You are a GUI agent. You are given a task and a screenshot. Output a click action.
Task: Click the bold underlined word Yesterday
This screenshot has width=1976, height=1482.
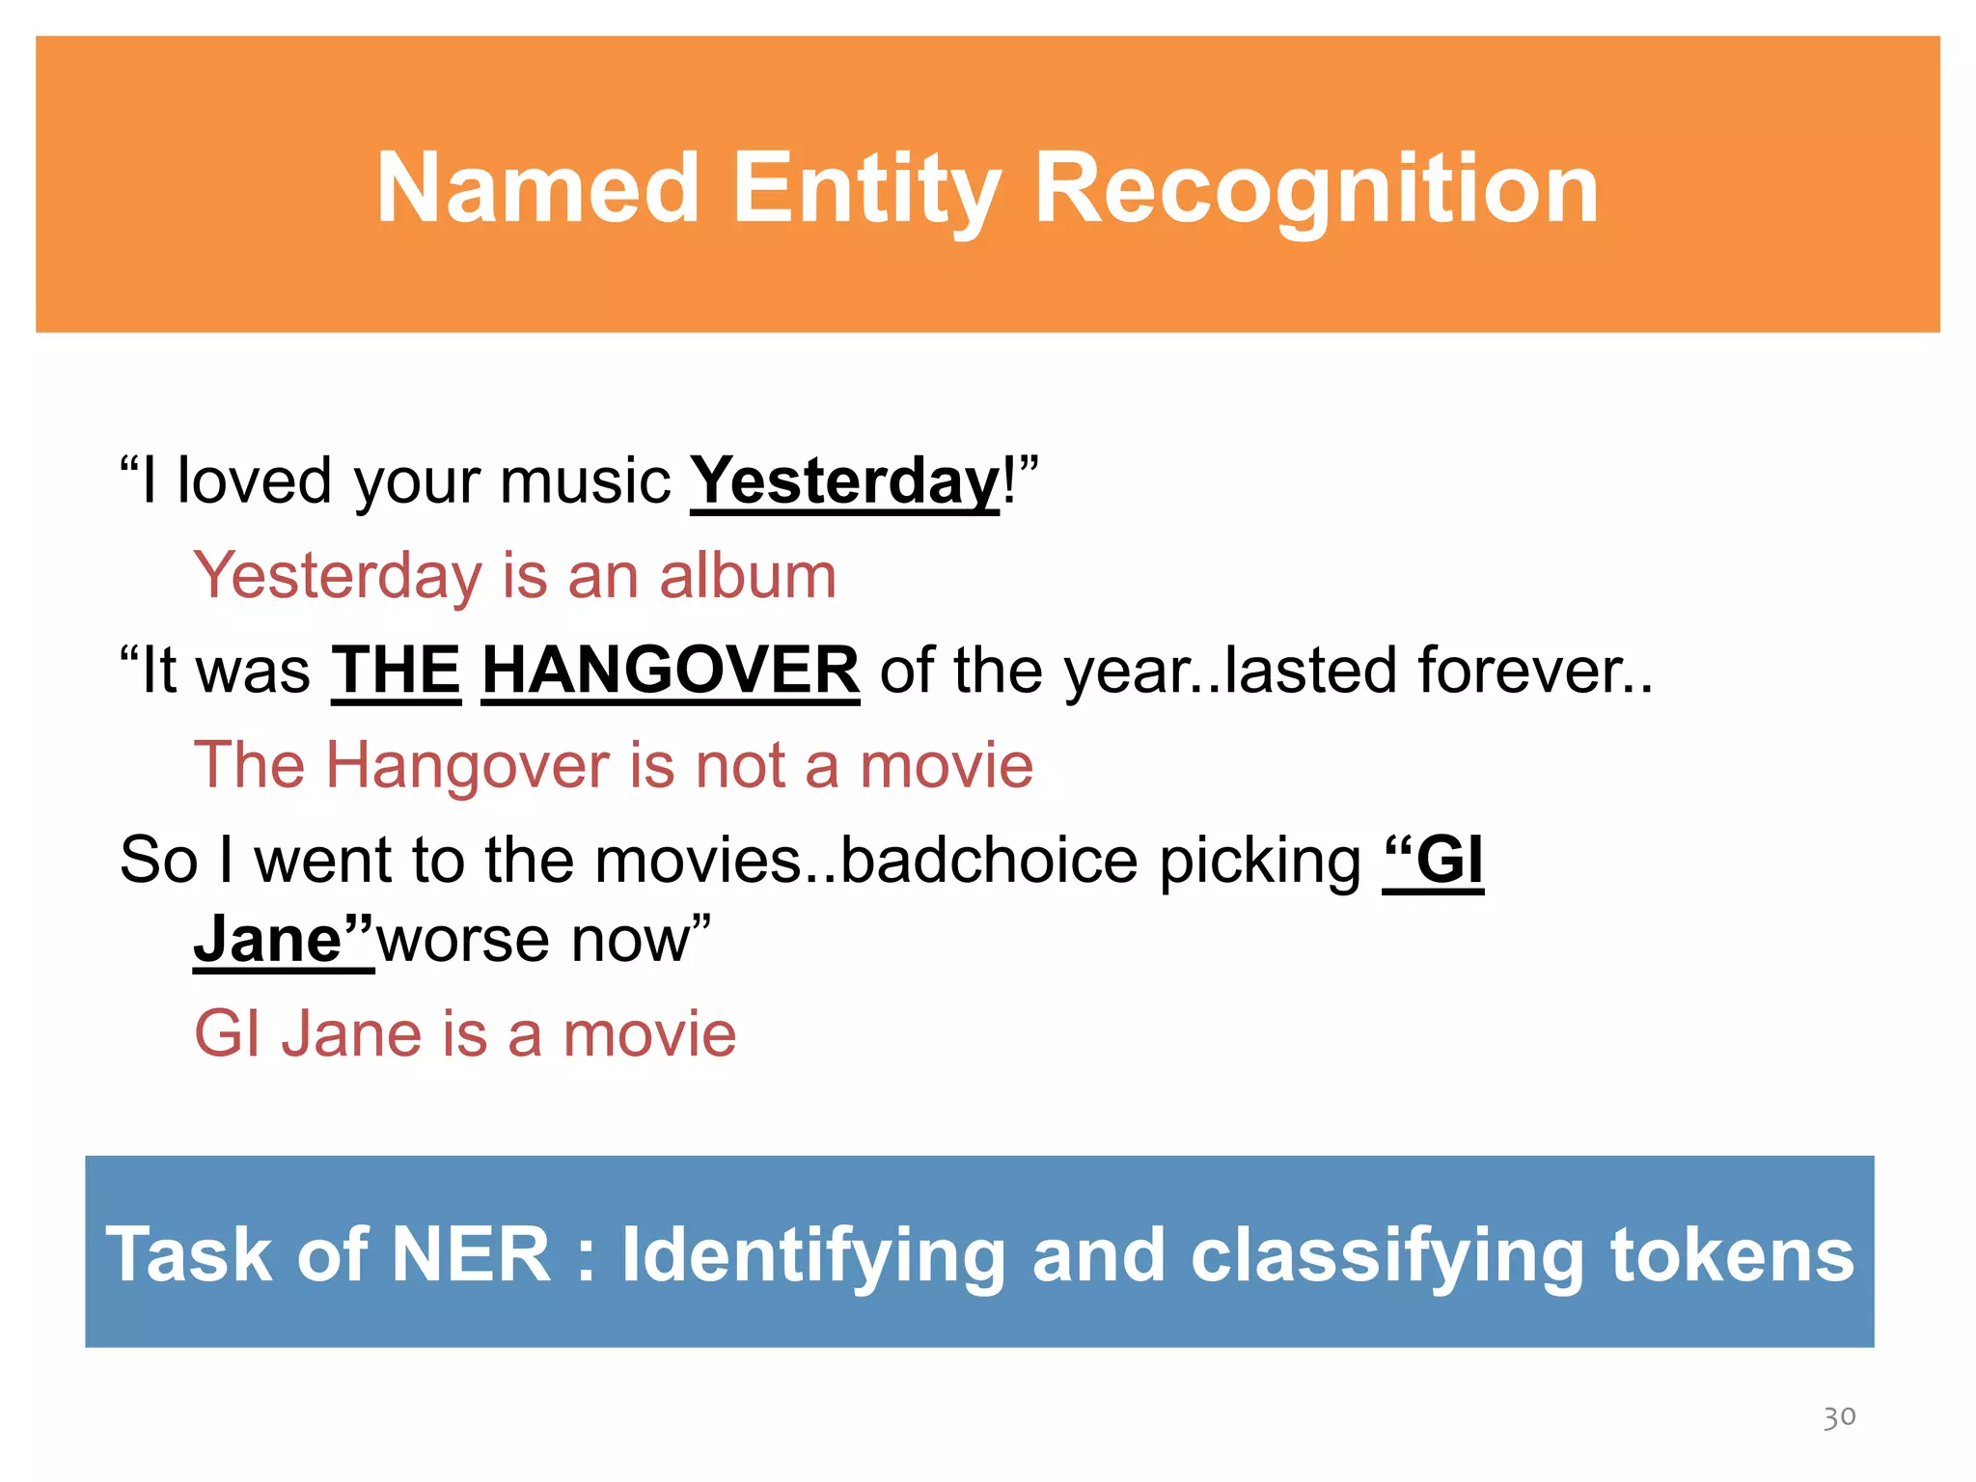[844, 480]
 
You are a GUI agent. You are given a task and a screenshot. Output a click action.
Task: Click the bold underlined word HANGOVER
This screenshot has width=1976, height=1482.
[670, 670]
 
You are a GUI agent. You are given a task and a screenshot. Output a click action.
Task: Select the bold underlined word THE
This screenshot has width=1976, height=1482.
[397, 670]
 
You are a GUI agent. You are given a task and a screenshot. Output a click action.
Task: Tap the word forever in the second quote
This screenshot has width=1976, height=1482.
[1524, 670]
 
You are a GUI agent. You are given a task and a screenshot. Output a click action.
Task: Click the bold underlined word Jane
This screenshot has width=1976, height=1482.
[268, 939]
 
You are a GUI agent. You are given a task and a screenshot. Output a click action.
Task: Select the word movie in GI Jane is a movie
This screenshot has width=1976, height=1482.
[649, 1033]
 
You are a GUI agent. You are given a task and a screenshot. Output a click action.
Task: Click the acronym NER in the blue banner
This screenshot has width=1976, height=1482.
[471, 1254]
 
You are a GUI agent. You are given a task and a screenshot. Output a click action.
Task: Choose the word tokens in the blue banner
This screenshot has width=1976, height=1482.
[1732, 1254]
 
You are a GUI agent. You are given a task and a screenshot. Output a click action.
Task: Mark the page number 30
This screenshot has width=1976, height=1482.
[1839, 1416]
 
